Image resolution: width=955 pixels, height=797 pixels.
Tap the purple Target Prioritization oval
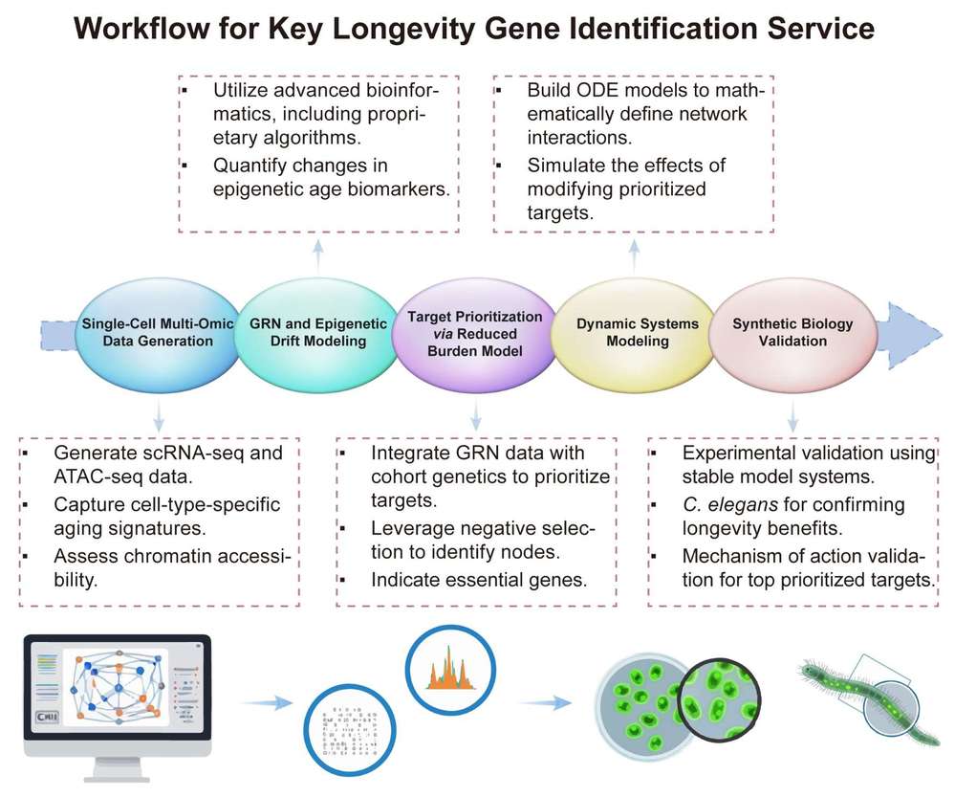point(476,333)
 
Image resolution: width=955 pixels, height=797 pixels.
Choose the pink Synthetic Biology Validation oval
point(792,333)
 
